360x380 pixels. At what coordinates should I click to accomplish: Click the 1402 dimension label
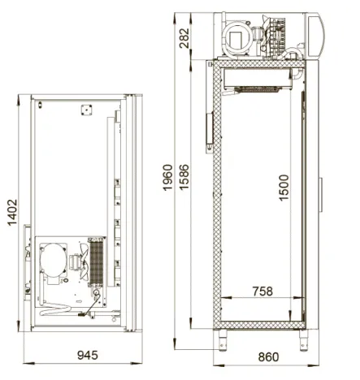point(12,213)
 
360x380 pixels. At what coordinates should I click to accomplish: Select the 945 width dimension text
point(88,355)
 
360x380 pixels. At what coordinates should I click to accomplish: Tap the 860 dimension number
point(268,357)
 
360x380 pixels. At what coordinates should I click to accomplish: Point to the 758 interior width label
point(262,291)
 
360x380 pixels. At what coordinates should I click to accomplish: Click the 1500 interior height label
point(284,188)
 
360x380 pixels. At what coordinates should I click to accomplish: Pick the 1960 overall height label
point(167,178)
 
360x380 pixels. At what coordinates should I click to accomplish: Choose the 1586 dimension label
point(184,177)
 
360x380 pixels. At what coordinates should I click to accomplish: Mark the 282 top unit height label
point(184,38)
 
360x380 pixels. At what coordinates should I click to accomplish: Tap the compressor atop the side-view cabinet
point(236,37)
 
